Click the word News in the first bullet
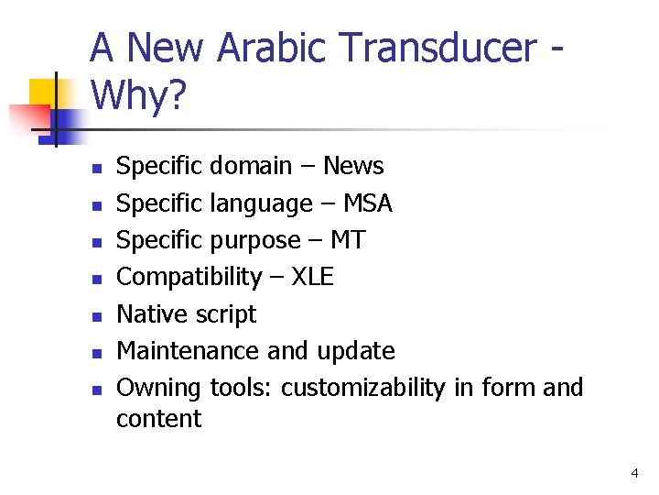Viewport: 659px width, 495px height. (x=353, y=166)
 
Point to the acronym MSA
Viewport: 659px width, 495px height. (x=367, y=203)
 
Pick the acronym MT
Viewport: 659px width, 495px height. (x=347, y=240)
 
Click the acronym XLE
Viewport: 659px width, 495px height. (x=312, y=277)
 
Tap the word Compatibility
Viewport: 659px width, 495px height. (x=189, y=277)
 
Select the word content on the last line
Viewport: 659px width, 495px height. (x=158, y=419)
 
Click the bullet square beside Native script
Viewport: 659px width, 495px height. (x=94, y=316)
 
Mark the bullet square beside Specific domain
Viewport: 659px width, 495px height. (x=94, y=168)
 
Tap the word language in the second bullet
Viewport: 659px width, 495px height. (x=261, y=203)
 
